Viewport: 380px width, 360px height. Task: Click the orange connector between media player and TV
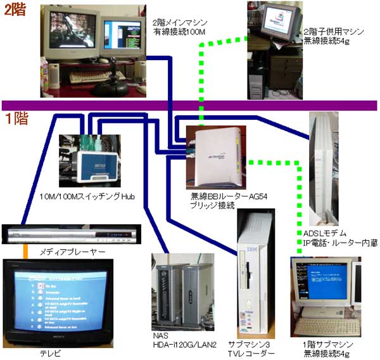pos(26,251)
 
